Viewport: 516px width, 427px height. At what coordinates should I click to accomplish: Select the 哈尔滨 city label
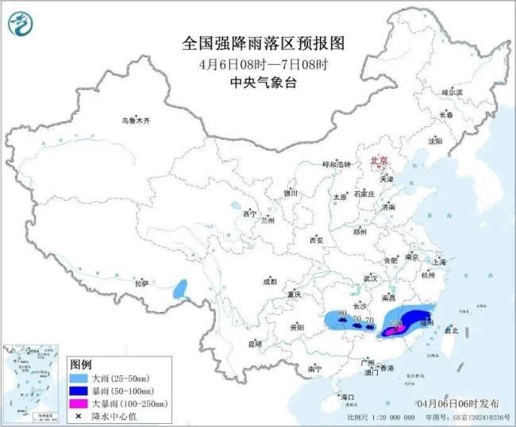coord(451,93)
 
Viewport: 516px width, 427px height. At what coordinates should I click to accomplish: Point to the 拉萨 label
coord(141,283)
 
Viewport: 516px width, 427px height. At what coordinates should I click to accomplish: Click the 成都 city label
coord(270,282)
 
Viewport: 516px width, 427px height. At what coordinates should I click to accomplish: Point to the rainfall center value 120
coord(395,324)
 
